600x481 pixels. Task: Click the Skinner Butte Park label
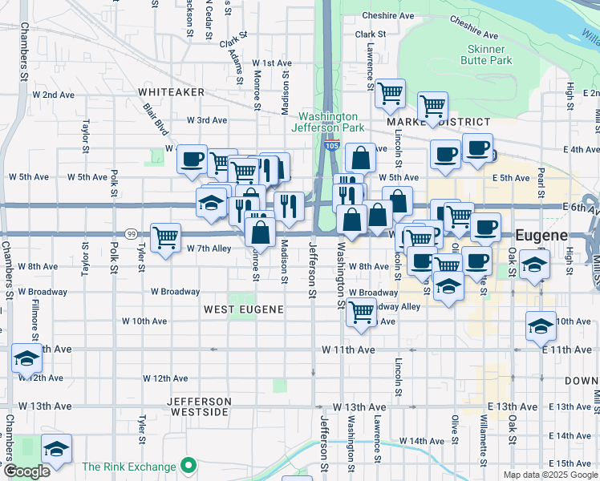(489, 55)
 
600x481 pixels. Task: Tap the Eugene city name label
(541, 236)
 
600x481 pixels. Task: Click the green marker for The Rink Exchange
(189, 465)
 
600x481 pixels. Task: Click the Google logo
(26, 471)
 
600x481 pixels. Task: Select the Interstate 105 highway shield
(332, 146)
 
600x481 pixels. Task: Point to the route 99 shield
(130, 233)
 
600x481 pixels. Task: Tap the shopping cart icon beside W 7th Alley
(165, 237)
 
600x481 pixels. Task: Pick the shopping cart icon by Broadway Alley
(362, 311)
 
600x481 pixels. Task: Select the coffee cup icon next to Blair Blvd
(193, 159)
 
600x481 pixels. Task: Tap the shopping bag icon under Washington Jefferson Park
(362, 158)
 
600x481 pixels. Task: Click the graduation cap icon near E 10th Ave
(541, 325)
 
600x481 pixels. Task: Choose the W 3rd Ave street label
(207, 120)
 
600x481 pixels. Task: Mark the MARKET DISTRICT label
(439, 122)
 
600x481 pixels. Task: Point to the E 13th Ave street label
(515, 407)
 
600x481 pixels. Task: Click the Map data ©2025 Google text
(549, 475)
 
